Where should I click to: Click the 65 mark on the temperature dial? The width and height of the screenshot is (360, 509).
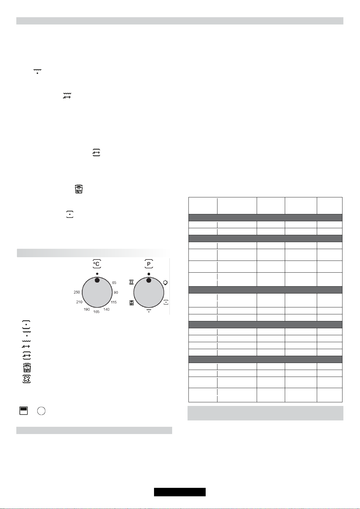pos(114,283)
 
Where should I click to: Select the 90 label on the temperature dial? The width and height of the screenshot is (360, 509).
pos(116,293)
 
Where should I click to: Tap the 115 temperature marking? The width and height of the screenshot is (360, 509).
pos(114,302)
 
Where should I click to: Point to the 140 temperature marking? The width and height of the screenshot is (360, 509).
pos(106,309)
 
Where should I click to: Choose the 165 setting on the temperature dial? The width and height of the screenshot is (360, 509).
pos(96,312)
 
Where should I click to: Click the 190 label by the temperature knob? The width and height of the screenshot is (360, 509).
pos(87,309)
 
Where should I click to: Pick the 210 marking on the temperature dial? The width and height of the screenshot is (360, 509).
pos(79,302)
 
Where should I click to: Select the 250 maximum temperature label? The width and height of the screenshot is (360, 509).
pos(77,292)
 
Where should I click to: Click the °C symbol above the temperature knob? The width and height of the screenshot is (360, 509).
pos(97,264)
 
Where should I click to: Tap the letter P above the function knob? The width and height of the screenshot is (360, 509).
pos(149,264)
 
